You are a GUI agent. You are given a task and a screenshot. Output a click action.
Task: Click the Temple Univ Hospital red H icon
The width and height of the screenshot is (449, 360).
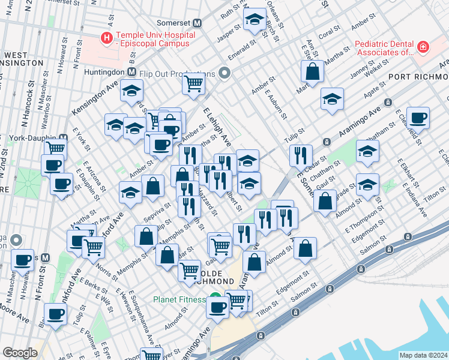107,38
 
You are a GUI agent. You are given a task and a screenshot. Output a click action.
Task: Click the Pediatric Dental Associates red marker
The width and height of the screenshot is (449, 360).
423,47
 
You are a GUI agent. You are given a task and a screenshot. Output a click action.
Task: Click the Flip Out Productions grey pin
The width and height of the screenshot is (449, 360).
225,74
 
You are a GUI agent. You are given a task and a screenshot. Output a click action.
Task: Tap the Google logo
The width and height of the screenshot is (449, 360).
20,353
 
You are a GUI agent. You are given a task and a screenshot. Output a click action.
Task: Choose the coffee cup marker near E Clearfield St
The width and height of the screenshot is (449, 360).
418,117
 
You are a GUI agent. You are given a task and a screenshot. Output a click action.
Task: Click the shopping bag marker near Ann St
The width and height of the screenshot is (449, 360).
313,72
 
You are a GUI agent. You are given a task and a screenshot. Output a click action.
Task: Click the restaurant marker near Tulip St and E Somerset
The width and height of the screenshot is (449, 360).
300,155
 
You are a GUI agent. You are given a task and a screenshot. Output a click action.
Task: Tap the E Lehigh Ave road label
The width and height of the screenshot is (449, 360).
217,127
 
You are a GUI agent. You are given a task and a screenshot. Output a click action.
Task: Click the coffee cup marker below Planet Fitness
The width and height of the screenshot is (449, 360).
217,307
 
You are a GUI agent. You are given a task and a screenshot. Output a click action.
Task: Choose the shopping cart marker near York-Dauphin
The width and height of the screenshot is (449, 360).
55,146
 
